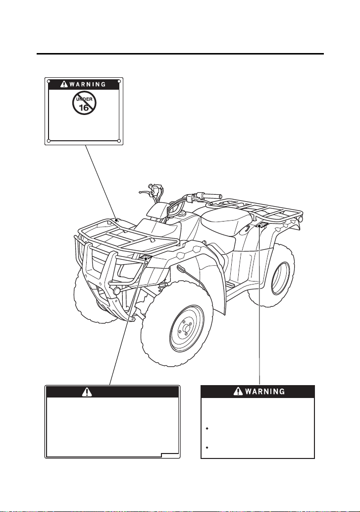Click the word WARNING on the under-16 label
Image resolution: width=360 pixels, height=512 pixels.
point(88,84)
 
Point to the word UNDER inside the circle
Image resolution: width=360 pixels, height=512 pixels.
point(85,99)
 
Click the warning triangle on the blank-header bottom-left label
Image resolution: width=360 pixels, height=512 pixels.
point(87,392)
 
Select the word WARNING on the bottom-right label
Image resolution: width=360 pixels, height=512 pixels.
point(265,391)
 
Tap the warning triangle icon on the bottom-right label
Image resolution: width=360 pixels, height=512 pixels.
point(238,391)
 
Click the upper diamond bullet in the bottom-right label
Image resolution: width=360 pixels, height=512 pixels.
point(207,428)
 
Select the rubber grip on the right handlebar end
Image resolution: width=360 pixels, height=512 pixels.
point(211,196)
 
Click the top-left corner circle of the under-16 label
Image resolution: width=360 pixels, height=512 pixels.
point(49,81)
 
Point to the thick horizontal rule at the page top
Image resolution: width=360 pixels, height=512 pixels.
point(180,54)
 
